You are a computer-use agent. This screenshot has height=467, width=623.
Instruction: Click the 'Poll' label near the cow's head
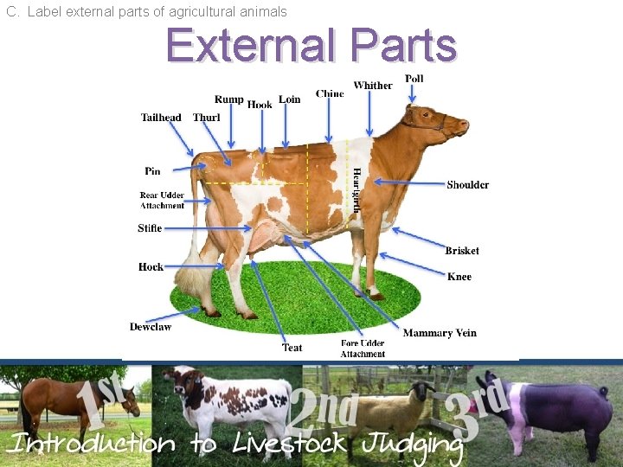coord(414,79)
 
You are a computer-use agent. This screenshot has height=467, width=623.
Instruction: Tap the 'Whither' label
coord(373,86)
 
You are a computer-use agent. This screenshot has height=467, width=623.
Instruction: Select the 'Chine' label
coord(330,93)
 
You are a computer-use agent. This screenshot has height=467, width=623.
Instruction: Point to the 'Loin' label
coord(290,99)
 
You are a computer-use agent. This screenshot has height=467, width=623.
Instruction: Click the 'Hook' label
coord(260,105)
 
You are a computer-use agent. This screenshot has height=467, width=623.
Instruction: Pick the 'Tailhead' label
coord(161,118)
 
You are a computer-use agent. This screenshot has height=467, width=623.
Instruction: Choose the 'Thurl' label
coord(207,118)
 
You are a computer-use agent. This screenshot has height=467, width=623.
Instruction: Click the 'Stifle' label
coord(150,228)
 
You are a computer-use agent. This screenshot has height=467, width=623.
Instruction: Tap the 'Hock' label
coord(151,267)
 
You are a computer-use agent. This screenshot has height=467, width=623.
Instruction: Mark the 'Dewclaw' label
coord(151,327)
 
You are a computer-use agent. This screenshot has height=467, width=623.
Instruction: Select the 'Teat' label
coord(292,348)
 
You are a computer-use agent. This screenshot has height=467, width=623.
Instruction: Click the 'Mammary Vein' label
coord(440,333)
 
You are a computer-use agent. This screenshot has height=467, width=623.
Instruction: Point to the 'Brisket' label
coord(462,251)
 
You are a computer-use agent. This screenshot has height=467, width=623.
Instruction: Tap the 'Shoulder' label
coord(468,185)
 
